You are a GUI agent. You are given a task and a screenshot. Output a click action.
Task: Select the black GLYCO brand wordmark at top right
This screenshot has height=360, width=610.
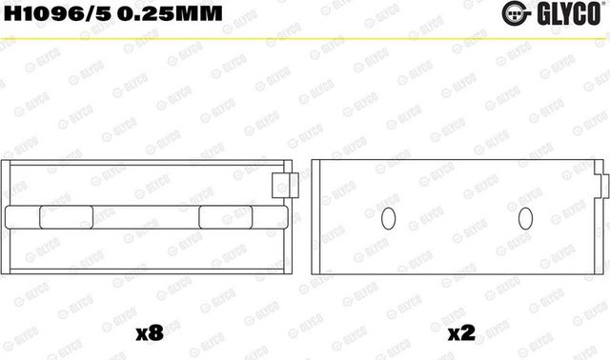coord(575,12)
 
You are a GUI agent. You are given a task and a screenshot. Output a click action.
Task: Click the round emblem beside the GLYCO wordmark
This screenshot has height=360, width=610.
coord(535,12)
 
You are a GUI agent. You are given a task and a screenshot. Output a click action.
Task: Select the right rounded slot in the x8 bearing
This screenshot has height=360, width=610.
coord(226,216)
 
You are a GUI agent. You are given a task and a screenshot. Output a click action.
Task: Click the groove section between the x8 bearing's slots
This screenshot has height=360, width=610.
coord(146,216)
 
